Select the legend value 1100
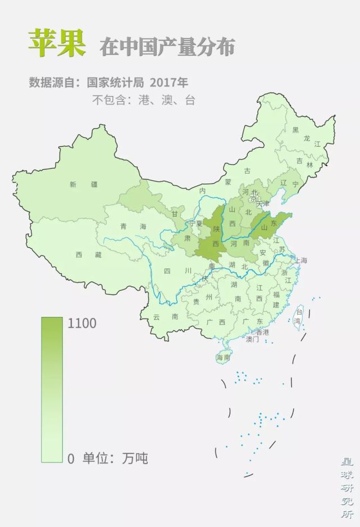(82, 324)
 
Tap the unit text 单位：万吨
(116, 458)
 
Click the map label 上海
(300, 260)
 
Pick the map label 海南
(224, 357)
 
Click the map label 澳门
(252, 339)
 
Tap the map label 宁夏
(195, 224)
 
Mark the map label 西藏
(90, 255)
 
